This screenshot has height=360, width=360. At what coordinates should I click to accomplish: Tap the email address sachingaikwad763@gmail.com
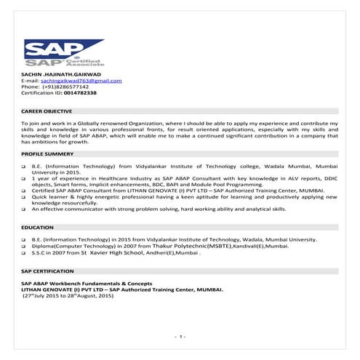point(84,81)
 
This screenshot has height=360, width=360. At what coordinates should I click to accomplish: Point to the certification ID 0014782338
point(75,93)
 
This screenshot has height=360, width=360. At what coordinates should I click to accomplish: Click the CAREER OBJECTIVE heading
point(47,111)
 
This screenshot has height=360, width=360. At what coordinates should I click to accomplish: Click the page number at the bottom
point(180,336)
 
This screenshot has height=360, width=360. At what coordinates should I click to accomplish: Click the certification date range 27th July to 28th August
point(68,293)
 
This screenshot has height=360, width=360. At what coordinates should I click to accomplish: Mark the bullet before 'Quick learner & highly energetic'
point(24,196)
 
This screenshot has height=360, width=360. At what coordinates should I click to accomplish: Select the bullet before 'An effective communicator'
point(24,209)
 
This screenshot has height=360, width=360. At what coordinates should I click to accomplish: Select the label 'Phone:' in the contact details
point(31,87)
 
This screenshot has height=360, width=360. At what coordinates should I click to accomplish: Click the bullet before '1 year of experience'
point(24,178)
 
